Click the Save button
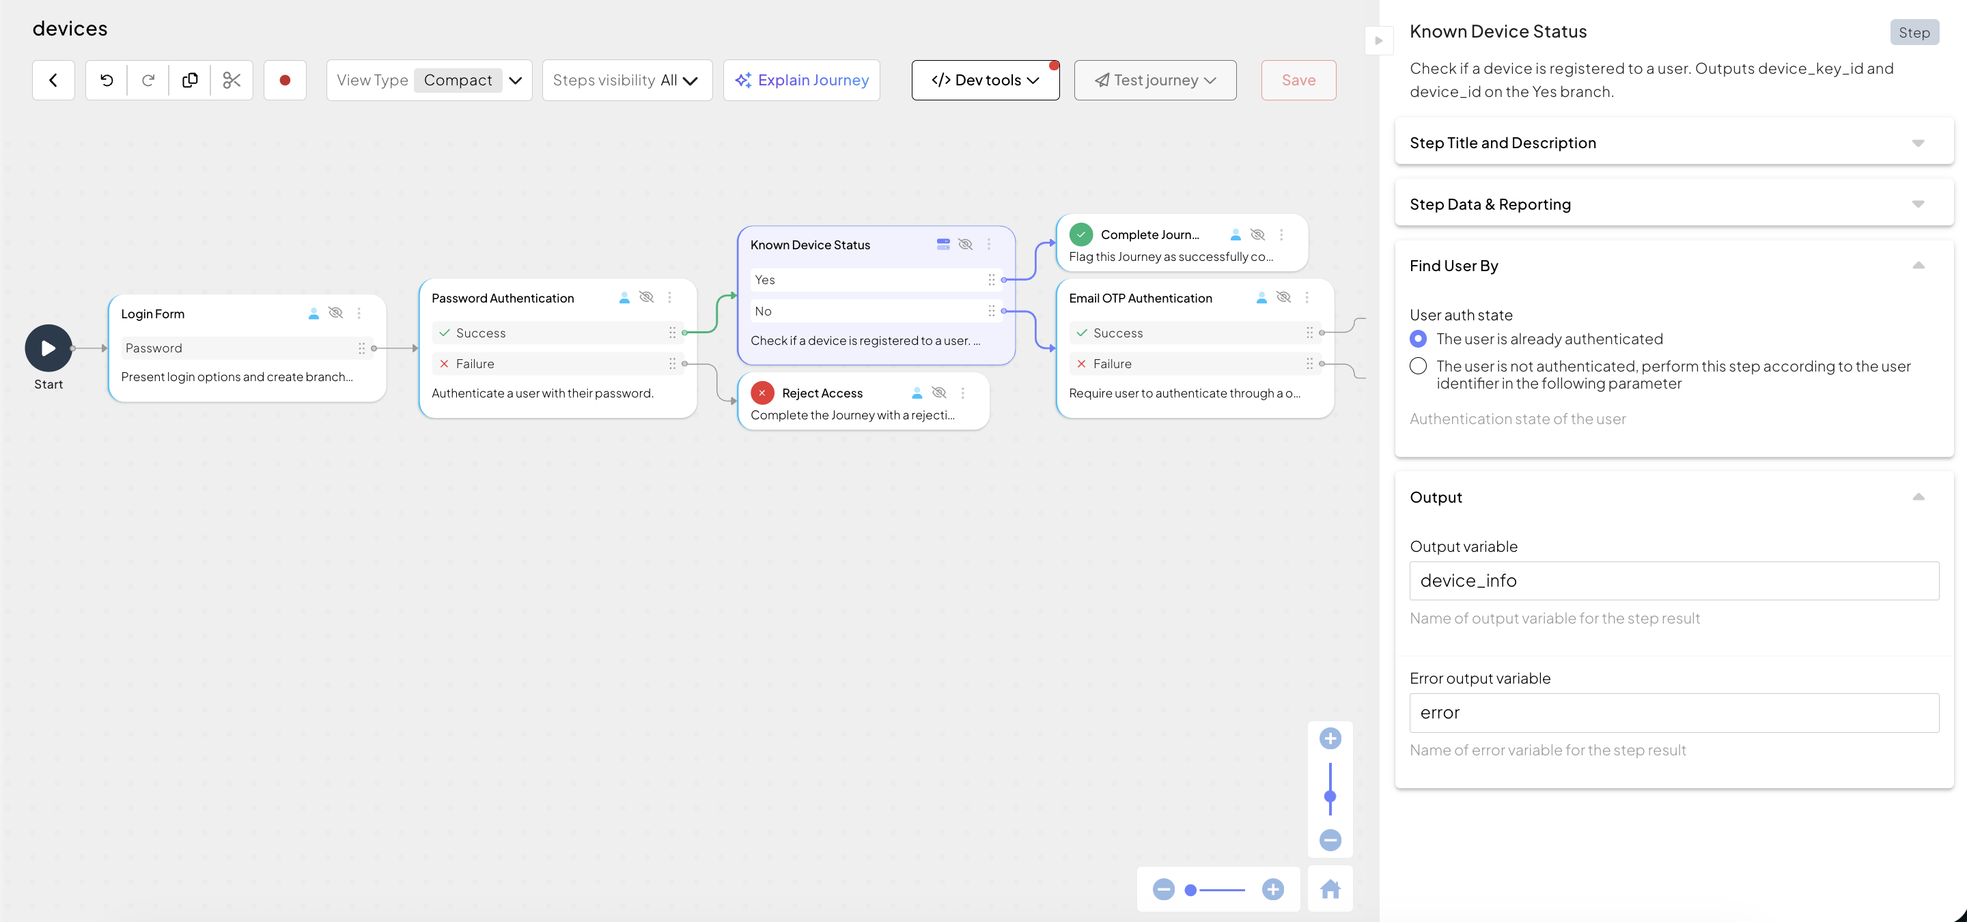1298,80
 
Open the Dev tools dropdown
985,80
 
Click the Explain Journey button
802,80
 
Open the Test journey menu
1156,80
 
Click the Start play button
48,348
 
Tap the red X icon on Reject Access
762,393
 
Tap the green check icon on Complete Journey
1081,234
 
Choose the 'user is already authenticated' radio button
1418,339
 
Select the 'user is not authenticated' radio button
1418,366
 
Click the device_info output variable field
1674,581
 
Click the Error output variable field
1674,713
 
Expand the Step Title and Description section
1674,143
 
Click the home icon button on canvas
1330,889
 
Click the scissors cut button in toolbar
232,80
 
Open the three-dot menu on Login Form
359,313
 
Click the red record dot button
285,80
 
